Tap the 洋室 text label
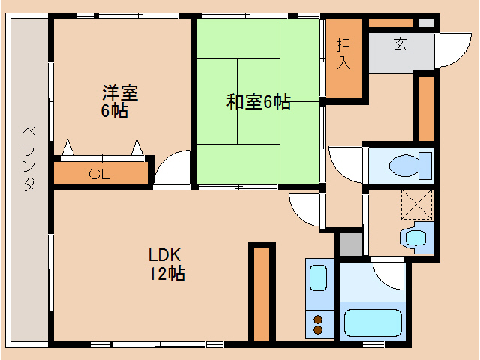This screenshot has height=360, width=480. (120, 93)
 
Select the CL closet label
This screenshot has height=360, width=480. (100, 175)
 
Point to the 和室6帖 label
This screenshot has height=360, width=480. (259, 102)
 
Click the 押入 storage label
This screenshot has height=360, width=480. (343, 53)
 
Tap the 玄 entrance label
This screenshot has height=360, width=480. (400, 44)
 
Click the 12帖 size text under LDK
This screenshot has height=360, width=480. (166, 273)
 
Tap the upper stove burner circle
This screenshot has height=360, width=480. (317, 316)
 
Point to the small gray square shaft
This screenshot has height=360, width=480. (350, 244)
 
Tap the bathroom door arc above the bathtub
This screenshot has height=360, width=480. (388, 274)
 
